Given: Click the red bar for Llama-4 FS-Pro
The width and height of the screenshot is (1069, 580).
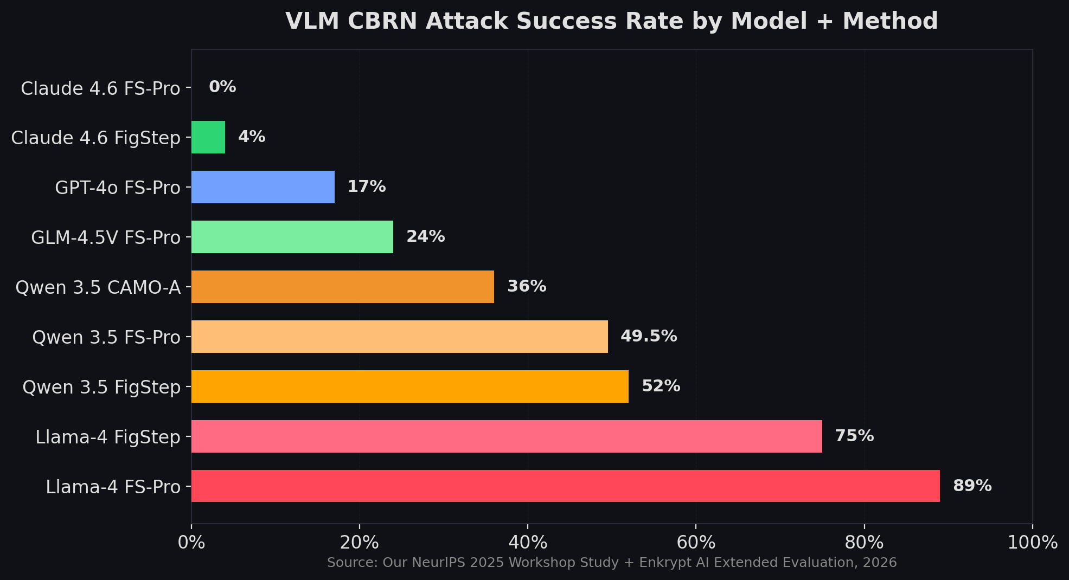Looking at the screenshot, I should click(x=565, y=486).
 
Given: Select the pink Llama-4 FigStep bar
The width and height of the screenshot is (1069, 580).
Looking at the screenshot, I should click(x=507, y=436).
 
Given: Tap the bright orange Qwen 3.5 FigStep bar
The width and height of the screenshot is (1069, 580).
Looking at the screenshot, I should click(x=410, y=386).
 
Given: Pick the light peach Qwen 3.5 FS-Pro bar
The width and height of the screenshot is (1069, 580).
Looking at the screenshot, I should click(x=400, y=336).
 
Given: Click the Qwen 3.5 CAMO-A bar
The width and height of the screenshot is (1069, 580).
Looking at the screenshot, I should click(x=343, y=286).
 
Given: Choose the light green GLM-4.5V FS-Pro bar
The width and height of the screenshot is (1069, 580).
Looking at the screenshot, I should click(x=292, y=236).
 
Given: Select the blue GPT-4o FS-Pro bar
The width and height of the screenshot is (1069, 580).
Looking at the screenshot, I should click(x=263, y=186).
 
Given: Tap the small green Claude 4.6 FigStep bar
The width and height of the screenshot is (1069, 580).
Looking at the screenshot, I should click(x=208, y=137).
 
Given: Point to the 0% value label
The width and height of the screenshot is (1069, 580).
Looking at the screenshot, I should click(x=222, y=87).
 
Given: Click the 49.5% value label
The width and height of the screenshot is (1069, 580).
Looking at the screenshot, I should click(x=649, y=336).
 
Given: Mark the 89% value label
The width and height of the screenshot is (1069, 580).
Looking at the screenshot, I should click(x=972, y=486).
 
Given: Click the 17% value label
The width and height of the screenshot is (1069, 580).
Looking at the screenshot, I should click(x=367, y=186).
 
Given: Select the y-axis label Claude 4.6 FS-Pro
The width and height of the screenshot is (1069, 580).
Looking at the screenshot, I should click(x=100, y=88).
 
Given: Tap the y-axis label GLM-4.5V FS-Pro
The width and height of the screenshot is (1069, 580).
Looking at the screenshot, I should click(x=106, y=237).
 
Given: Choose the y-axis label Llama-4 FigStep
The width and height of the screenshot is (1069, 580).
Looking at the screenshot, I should click(x=108, y=437).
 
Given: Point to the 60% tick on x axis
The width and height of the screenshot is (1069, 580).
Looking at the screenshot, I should click(x=696, y=542).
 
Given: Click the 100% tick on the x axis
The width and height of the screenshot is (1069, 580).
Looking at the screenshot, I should click(x=1032, y=542).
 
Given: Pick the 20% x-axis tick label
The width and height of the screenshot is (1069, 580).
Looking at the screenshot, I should click(x=359, y=542).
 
